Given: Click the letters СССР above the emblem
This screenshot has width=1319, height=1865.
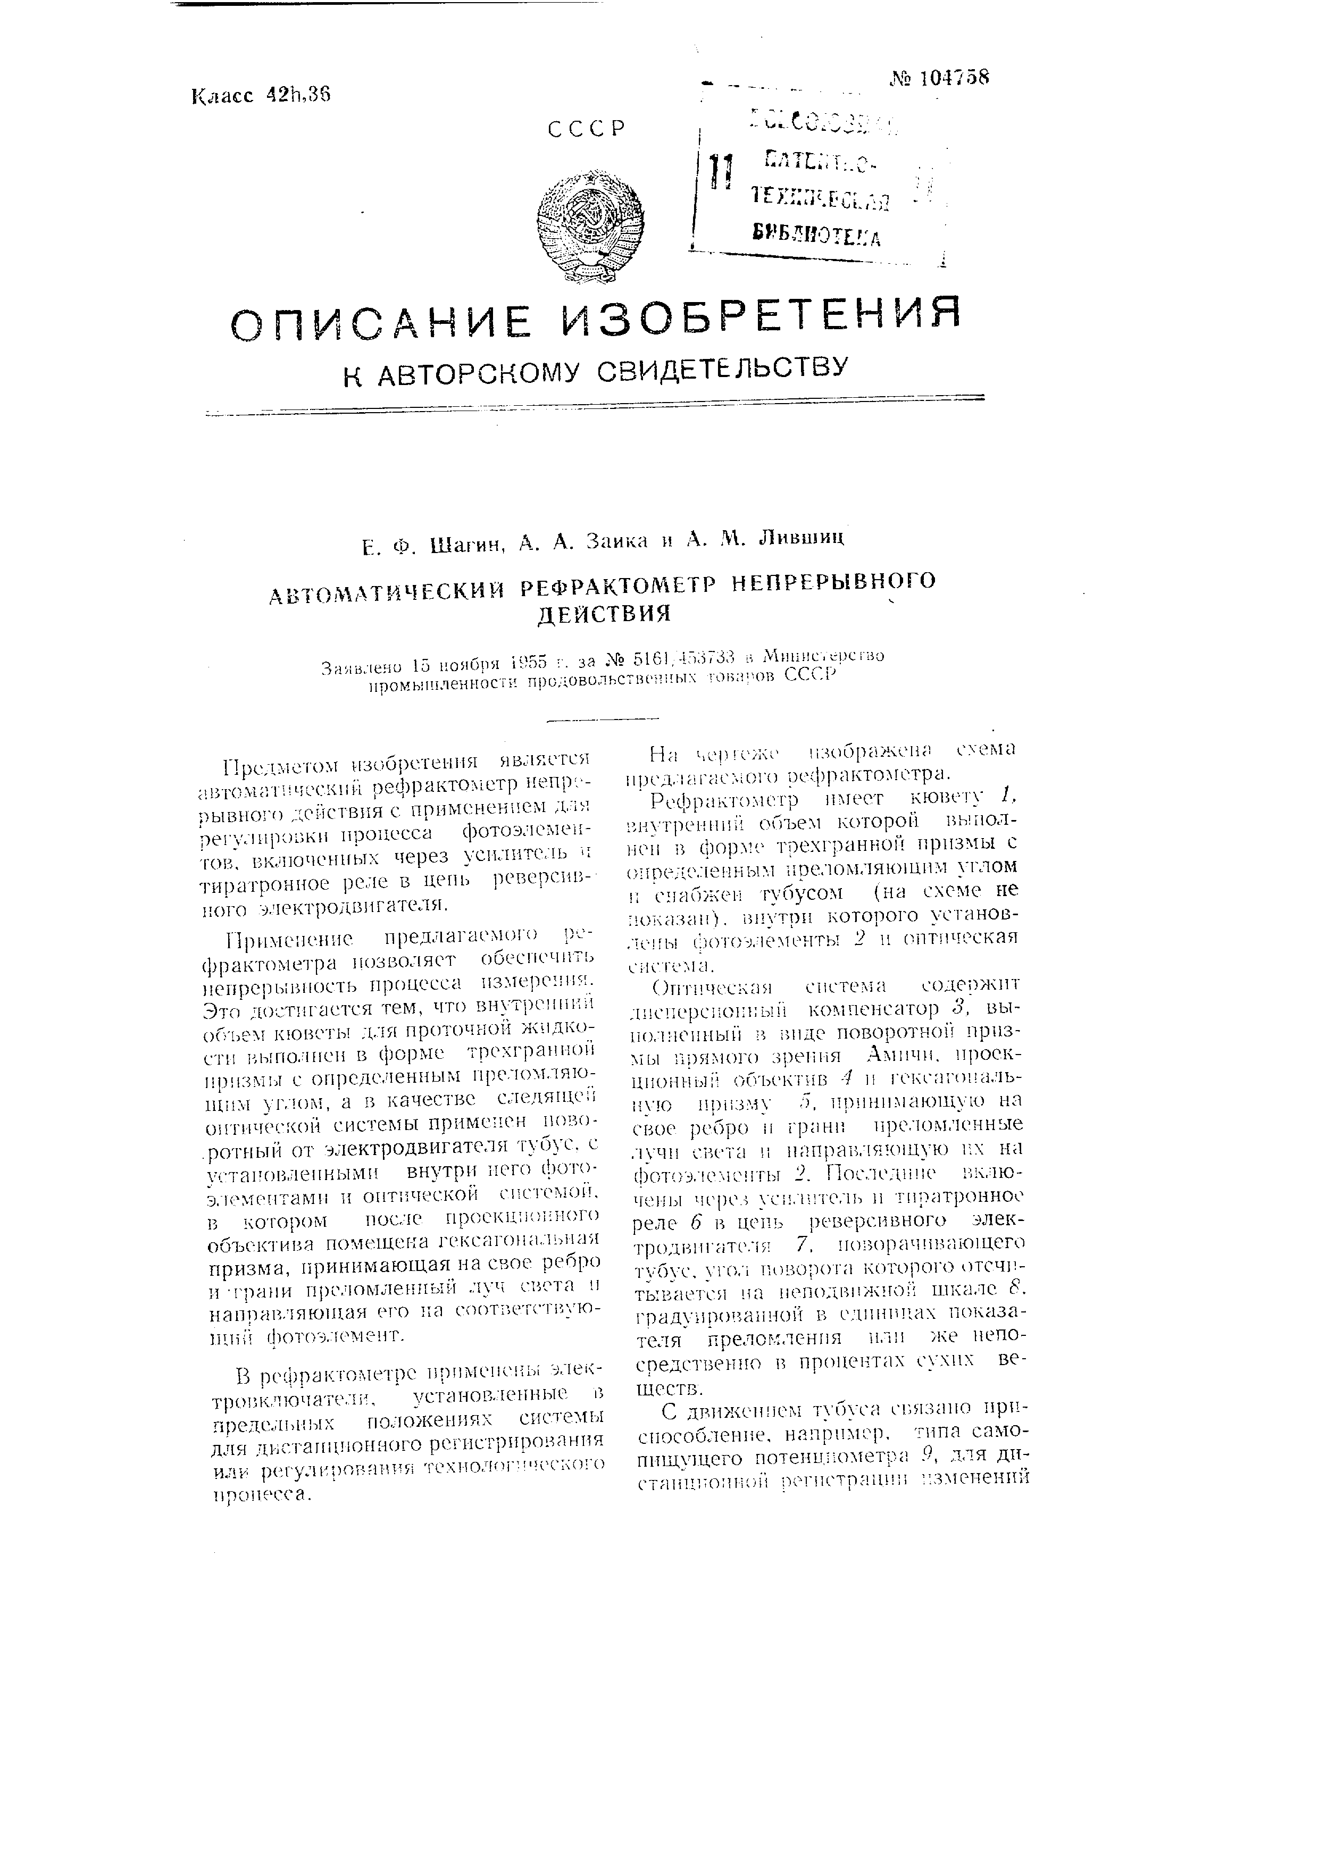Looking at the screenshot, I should (x=587, y=130).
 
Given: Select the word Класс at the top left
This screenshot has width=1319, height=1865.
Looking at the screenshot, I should (x=224, y=97).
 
